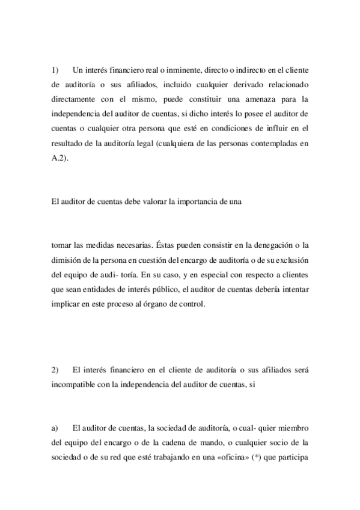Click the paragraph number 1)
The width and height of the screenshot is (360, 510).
coord(55,70)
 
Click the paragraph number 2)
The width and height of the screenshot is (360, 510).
coord(55,369)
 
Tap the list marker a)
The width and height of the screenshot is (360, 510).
coord(55,428)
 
